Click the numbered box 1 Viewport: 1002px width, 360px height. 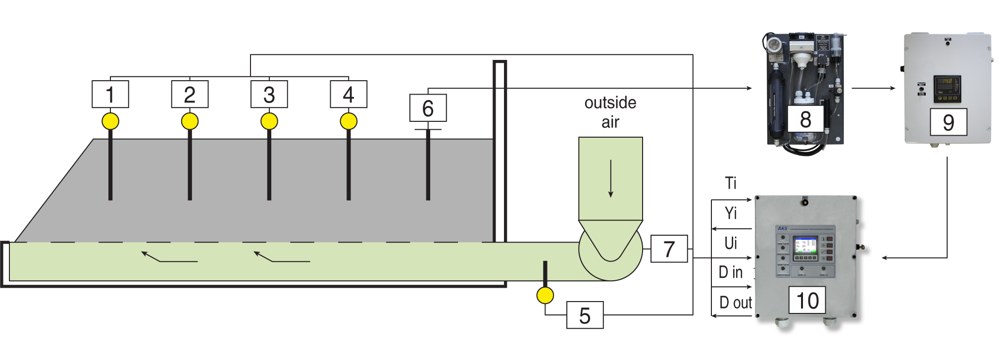pos(110,94)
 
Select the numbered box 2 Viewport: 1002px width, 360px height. pos(190,94)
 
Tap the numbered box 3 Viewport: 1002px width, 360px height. pos(269,94)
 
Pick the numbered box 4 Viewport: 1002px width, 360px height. pos(349,94)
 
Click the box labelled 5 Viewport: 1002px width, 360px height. pos(585,315)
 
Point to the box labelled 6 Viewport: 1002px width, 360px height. pos(428,108)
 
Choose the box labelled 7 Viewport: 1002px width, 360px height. pos(669,249)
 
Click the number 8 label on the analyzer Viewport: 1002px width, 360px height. pos(805,119)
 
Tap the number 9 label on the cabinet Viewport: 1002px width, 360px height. pos(948,122)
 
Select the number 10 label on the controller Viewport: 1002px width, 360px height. pos(807,300)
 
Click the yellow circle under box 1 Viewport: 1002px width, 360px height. pos(110,121)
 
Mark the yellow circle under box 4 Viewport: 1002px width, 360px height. pos(349,121)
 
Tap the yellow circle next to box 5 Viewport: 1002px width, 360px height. pos(545,296)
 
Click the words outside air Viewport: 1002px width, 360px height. pos(610,112)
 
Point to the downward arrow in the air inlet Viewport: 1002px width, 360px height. pos(611,178)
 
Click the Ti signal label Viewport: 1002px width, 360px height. pos(731,183)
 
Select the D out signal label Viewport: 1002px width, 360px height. pos(736,303)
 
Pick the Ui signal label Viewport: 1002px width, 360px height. pos(731,243)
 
